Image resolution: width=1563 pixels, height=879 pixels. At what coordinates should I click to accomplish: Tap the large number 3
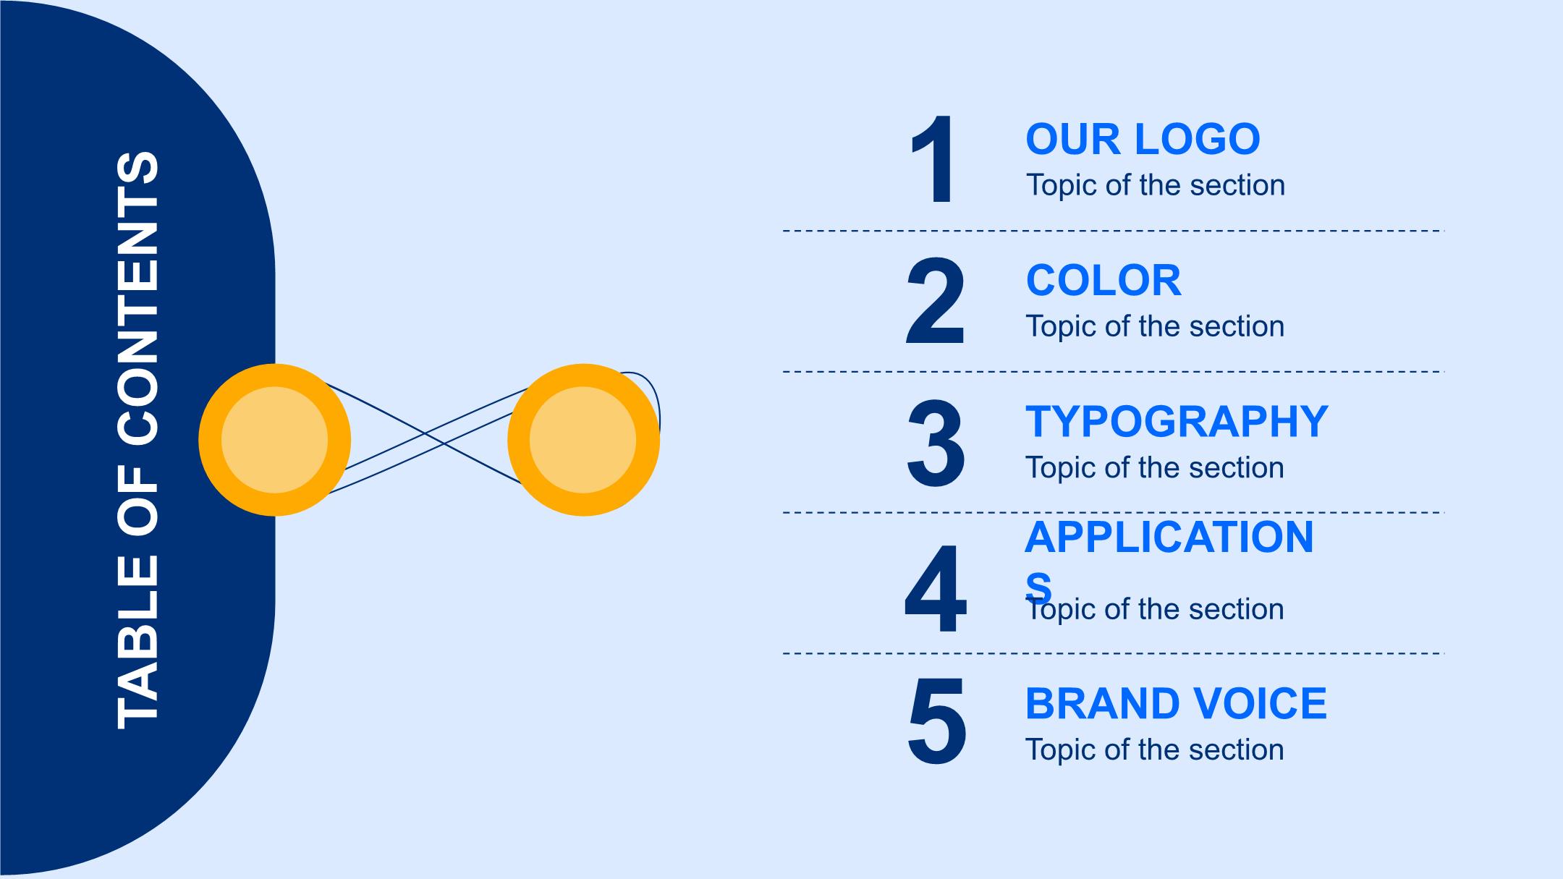click(x=935, y=442)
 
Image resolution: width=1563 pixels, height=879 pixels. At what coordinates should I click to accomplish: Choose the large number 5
click(x=936, y=721)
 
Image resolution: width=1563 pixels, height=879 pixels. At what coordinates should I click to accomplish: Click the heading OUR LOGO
click(x=1143, y=139)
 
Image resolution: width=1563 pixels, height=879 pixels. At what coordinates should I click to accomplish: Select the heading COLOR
click(x=1104, y=280)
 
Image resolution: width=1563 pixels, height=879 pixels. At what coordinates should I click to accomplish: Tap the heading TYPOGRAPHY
click(x=1177, y=421)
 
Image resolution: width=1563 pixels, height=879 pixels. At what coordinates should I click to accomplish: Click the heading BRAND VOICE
click(x=1176, y=703)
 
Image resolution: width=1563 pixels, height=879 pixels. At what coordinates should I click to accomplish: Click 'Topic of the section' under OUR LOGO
click(x=1156, y=185)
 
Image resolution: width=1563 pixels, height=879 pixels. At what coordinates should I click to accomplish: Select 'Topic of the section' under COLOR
click(x=1156, y=326)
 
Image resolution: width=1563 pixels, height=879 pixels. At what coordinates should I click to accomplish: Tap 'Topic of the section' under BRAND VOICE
click(x=1156, y=750)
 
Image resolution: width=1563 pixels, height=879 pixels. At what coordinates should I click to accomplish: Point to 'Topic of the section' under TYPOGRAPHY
click(x=1156, y=467)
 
